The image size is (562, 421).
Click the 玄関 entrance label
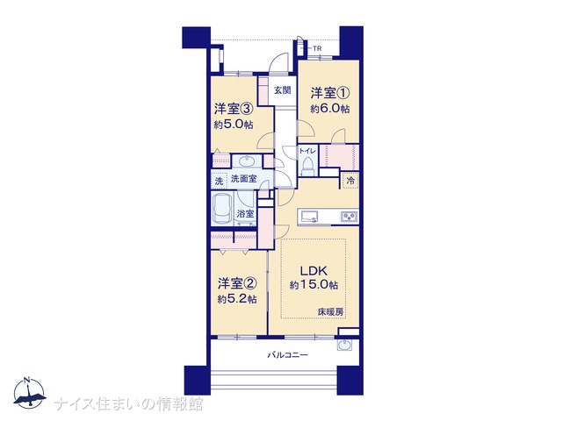(283, 90)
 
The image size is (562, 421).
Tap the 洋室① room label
(330, 94)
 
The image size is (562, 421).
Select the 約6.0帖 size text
(330, 109)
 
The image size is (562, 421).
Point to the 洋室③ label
(234, 109)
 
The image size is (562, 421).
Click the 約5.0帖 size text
(234, 125)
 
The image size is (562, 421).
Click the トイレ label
(307, 151)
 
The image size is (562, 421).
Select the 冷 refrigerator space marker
(350, 182)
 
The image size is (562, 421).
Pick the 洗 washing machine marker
(219, 182)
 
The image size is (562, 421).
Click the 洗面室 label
(244, 178)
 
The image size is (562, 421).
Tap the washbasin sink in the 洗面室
(246, 161)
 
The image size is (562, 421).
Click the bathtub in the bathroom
(222, 209)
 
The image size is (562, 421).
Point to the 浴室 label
(246, 214)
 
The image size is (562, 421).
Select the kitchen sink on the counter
(310, 217)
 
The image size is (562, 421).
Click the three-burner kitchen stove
(349, 217)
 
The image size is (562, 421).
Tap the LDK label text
(313, 270)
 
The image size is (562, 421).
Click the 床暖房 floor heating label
(330, 312)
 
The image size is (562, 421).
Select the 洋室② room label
(237, 284)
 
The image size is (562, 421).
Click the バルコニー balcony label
(288, 355)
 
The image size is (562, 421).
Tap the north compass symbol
(29, 393)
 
